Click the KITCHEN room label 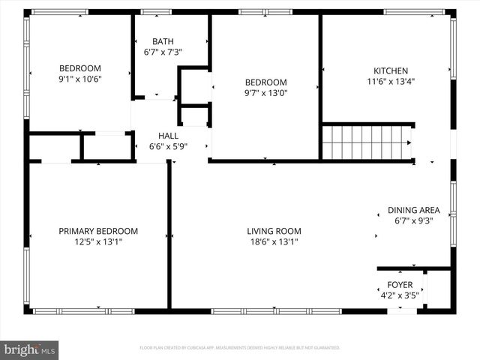coord(390,68)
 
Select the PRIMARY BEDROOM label coord(98,231)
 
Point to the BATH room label coord(163,41)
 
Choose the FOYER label coord(399,284)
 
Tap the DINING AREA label coord(413,210)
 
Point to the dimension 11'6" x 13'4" coord(390,82)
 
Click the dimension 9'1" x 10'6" coord(80,79)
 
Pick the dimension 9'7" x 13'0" coord(266,93)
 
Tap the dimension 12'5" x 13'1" coord(98,241)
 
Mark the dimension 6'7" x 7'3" coord(163,52)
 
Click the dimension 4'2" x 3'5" coord(399,295)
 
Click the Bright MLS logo coord(30,349)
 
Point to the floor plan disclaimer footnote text coord(240,348)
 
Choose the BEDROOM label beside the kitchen coord(266,82)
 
